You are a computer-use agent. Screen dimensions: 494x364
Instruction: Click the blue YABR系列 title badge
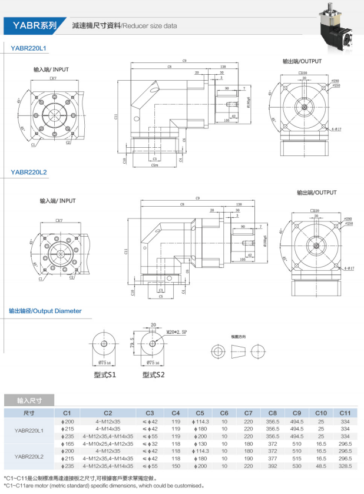coord(32,25)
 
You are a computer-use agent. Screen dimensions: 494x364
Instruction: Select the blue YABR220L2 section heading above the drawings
coord(29,172)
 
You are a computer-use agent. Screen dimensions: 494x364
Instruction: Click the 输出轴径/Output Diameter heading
coord(45,310)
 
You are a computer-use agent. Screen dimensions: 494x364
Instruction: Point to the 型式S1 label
coord(104,374)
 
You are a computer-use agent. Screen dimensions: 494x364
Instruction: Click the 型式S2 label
coord(153,374)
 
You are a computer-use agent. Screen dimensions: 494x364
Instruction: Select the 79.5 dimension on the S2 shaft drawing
coord(134,342)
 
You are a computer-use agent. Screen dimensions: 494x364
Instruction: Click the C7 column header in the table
coord(248,413)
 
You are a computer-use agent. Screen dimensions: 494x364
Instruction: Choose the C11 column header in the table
coord(345,413)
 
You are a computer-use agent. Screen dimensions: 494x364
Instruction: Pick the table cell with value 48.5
coord(321,465)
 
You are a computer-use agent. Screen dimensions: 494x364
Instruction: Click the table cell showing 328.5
coord(345,465)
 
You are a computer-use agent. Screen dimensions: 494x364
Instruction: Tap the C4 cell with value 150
coord(176,465)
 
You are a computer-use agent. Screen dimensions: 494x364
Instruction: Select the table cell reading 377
coord(272,457)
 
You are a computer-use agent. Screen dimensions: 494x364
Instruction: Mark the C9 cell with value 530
coord(297,465)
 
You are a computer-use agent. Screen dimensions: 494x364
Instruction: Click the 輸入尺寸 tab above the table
coord(29,400)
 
